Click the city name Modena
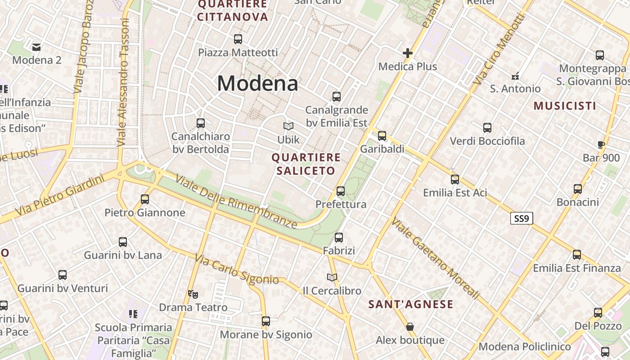tap(257, 84)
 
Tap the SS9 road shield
tap(522, 219)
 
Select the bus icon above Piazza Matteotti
tap(238, 39)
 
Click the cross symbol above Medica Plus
tap(408, 53)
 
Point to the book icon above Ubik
tap(288, 126)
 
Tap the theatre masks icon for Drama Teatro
tap(193, 294)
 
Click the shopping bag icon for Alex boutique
tap(409, 326)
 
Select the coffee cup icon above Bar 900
tap(601, 144)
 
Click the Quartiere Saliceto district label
tap(306, 164)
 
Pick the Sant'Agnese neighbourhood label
tap(411, 305)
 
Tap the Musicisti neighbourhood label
tap(565, 106)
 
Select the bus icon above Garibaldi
tap(382, 135)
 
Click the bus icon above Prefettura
tap(341, 191)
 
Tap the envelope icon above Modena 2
tap(36, 47)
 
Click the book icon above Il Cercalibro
tap(332, 277)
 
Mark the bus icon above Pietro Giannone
tap(145, 199)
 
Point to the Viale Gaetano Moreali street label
tap(435, 258)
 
